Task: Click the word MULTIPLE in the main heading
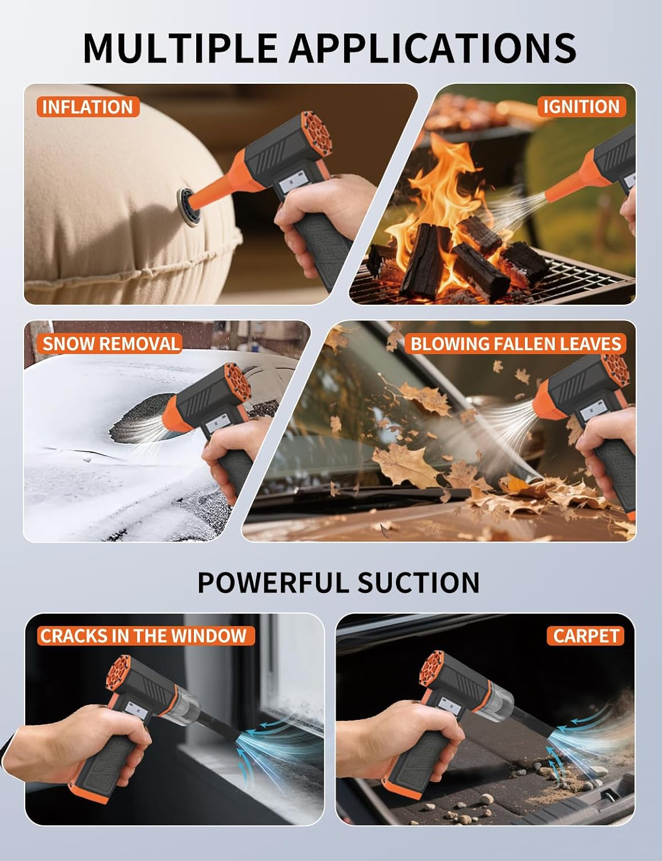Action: click(x=180, y=48)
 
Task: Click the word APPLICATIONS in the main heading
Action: click(x=433, y=48)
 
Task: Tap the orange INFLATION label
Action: click(x=88, y=107)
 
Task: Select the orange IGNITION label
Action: click(x=581, y=107)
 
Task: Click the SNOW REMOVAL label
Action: click(x=110, y=343)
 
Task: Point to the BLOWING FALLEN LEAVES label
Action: click(x=516, y=343)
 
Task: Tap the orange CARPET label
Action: click(x=586, y=635)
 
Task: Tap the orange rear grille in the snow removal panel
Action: click(x=237, y=385)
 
